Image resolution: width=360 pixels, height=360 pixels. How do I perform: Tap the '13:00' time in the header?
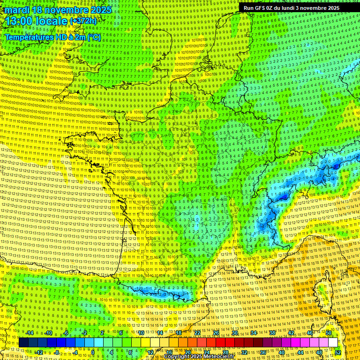[x=18, y=21]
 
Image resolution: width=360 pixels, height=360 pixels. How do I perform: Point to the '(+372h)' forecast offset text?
[x=83, y=21]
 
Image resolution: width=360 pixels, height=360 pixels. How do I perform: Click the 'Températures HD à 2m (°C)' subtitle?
[x=52, y=37]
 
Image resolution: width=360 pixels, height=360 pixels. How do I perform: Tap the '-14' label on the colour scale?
[x=29, y=333]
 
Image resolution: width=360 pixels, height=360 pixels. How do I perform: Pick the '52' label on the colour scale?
[x=338, y=352]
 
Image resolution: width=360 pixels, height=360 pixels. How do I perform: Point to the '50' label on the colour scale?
[x=329, y=333]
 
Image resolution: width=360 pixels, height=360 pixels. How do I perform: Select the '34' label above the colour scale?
[x=254, y=333]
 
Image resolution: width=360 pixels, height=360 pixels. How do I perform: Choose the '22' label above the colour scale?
[x=197, y=333]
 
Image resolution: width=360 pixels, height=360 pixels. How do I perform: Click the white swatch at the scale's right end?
[x=333, y=343]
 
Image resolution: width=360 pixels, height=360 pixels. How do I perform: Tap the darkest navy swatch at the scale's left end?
[x=23, y=343]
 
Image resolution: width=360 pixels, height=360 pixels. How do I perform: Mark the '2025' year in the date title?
[x=100, y=10]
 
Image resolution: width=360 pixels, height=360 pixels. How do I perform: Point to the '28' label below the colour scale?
[x=225, y=352]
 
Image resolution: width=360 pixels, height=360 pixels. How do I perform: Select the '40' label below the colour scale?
[x=282, y=352]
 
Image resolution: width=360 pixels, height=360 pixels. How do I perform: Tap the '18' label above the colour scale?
[x=179, y=333]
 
